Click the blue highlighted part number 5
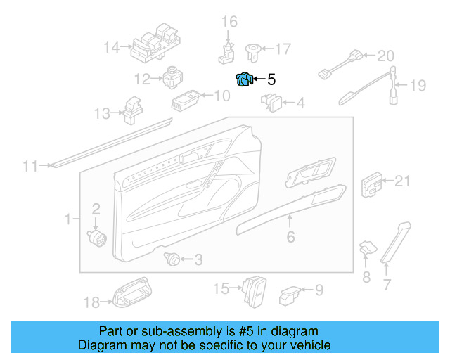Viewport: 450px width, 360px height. (x=244, y=79)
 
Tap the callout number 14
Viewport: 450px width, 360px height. (x=112, y=48)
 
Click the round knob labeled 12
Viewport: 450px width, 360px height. (x=173, y=77)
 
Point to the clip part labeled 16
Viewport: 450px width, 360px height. (x=226, y=50)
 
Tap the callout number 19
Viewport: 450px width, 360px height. (x=418, y=86)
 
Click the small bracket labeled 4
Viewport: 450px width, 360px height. (x=271, y=103)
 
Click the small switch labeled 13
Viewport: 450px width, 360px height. (x=131, y=110)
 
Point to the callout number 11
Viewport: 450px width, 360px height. (x=30, y=167)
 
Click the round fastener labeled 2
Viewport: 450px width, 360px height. (x=96, y=236)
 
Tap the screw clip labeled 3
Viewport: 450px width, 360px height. (x=171, y=259)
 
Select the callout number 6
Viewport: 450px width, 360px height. (x=290, y=238)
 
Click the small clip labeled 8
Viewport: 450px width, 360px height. (x=367, y=247)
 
